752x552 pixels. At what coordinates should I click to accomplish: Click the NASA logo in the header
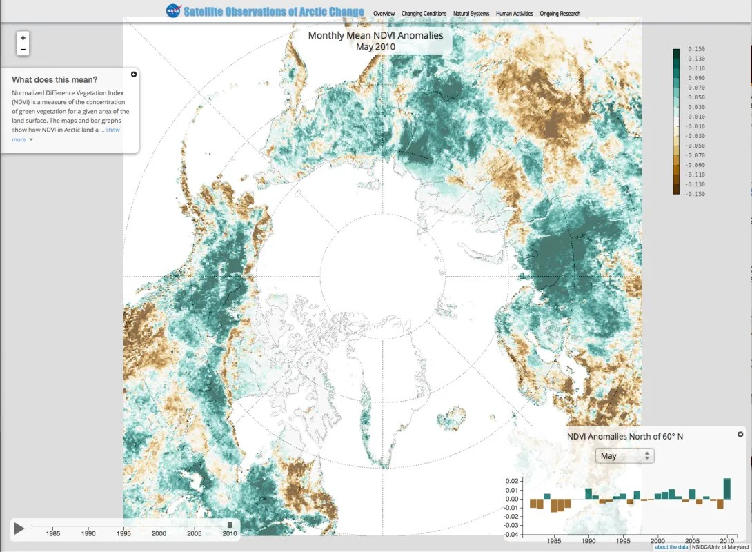(x=173, y=11)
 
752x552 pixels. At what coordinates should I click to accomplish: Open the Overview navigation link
(x=384, y=14)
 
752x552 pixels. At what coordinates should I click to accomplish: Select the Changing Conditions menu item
(x=424, y=14)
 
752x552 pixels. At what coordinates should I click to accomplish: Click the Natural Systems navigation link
(x=471, y=14)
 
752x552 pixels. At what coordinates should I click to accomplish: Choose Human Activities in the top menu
(x=514, y=14)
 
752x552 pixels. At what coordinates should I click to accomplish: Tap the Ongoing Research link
(x=560, y=14)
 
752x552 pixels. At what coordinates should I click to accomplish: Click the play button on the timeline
(x=19, y=529)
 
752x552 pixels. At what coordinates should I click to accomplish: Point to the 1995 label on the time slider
(x=123, y=533)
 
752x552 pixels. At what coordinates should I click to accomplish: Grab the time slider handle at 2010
(x=230, y=525)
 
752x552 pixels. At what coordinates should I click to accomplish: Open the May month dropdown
(x=625, y=456)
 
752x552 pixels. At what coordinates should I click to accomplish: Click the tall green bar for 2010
(x=726, y=489)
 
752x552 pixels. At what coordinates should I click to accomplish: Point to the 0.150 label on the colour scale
(x=695, y=50)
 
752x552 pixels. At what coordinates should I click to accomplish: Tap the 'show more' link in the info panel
(x=112, y=130)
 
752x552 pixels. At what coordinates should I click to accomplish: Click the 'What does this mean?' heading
(x=55, y=79)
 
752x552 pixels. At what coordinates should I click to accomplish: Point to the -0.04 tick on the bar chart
(x=511, y=535)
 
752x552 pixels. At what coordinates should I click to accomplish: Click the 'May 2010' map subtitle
(x=375, y=47)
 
